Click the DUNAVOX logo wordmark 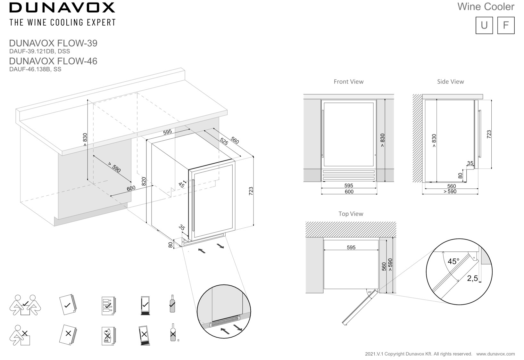(62, 7)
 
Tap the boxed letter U (484, 25)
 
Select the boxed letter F (506, 25)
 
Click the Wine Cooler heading (486, 7)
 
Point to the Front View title (348, 82)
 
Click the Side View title (450, 82)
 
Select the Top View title (351, 214)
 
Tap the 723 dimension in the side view (489, 134)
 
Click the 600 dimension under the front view (349, 192)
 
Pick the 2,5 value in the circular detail (472, 278)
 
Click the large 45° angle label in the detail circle (453, 262)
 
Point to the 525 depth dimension (224, 141)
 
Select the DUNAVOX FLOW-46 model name (53, 61)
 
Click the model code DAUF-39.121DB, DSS (39, 51)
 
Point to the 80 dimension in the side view (460, 176)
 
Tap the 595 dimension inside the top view (351, 248)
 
